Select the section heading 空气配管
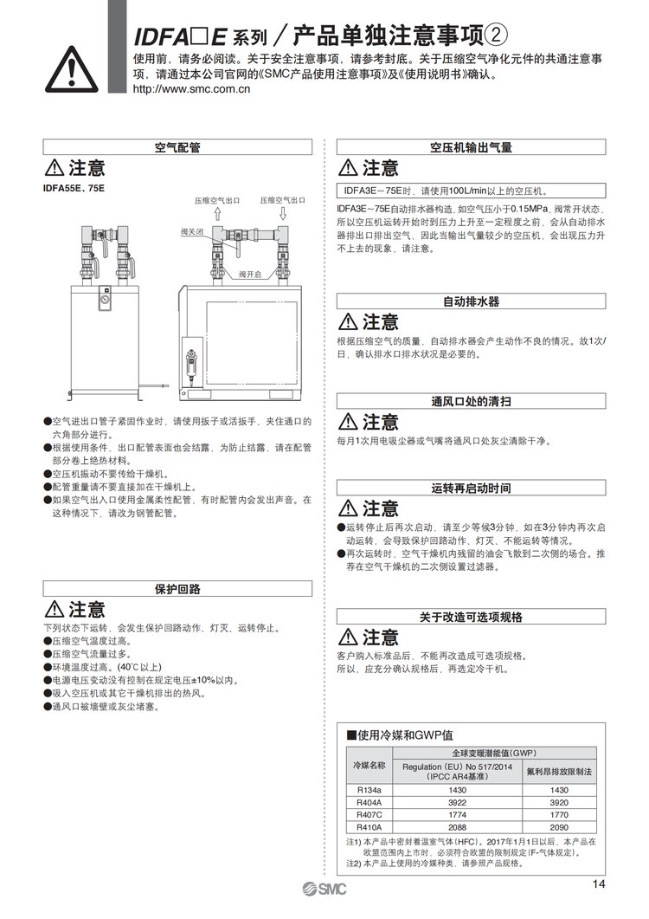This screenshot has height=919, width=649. click(177, 147)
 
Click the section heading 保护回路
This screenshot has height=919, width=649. click(177, 589)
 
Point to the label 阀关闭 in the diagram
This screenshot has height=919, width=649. click(192, 232)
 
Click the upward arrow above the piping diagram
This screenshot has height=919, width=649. click(217, 213)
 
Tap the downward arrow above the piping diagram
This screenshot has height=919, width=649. click(283, 213)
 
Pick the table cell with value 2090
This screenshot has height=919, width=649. click(559, 826)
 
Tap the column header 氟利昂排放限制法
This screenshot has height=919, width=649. click(559, 770)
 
